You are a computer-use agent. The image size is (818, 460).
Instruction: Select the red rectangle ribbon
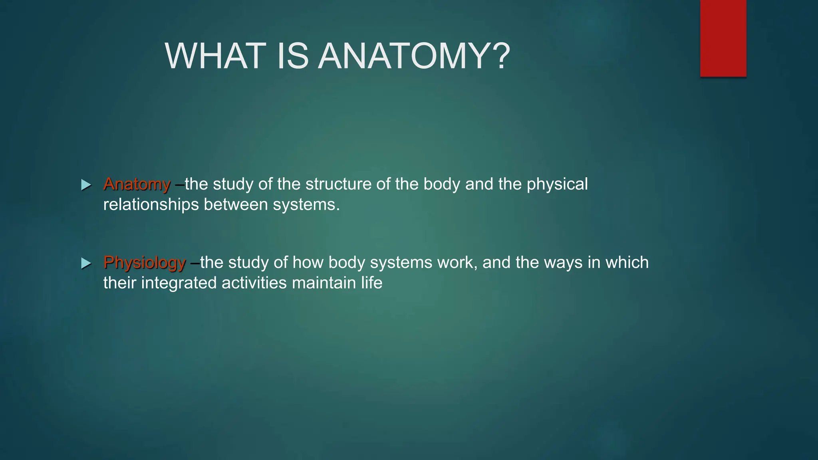[723, 38]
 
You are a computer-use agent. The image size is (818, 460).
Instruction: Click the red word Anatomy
[137, 184]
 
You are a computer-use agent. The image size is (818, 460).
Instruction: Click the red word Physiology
[145, 263]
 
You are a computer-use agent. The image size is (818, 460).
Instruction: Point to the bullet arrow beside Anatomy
[86, 185]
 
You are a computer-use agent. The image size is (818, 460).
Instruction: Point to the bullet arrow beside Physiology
[86, 263]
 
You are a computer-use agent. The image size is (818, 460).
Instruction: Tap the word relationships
[151, 205]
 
